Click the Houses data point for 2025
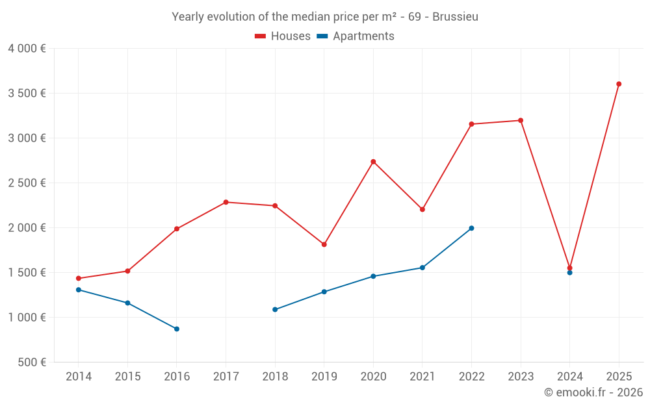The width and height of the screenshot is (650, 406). point(619,84)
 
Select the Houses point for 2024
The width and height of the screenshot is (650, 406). point(569,268)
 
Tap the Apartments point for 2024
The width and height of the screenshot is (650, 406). point(569,273)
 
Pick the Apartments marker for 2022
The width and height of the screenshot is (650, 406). point(471,228)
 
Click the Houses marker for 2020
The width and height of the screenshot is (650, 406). point(373,162)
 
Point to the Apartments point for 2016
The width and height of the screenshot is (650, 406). point(177,329)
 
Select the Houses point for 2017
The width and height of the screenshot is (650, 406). point(226,202)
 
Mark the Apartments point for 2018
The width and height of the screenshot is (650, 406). point(275,309)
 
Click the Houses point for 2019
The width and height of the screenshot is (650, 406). point(324,244)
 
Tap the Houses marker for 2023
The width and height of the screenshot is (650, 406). point(521,120)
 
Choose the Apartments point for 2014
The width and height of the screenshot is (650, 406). point(79,290)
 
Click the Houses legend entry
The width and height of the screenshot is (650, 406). point(283,36)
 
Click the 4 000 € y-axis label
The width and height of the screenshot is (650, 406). point(27,49)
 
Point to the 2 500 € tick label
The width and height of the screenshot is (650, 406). point(27,183)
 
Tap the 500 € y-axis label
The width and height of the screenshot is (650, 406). point(31,362)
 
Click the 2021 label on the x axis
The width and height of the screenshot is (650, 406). point(422,377)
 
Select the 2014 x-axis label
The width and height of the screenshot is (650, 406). point(79,377)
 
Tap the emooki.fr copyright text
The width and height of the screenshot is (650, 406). point(593,392)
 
